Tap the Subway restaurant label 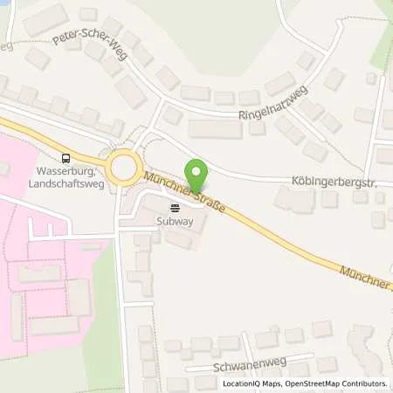pyautogui.click(x=174, y=221)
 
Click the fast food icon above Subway pyautogui.click(x=175, y=208)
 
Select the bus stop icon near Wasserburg pyautogui.click(x=65, y=158)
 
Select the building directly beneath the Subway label pyautogui.click(x=180, y=238)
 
